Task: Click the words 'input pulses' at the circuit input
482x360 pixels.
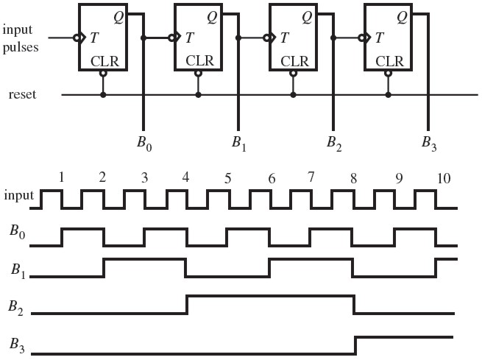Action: pos(21,39)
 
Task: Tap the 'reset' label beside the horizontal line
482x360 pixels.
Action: pos(22,94)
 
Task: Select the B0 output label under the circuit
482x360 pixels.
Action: pos(144,144)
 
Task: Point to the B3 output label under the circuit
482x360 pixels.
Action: pos(429,144)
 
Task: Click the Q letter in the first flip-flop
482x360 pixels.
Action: pos(118,17)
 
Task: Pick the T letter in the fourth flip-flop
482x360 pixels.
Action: pos(379,38)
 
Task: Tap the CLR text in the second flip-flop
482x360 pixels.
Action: pos(199,61)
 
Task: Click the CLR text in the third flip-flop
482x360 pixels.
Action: pos(294,61)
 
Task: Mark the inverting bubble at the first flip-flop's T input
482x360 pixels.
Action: pos(77,38)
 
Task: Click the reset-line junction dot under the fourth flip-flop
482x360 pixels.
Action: pos(389,95)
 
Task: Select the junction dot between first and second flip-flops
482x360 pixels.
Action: pos(143,38)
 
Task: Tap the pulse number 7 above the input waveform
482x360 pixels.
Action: pos(311,177)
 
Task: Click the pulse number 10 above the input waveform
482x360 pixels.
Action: pos(444,178)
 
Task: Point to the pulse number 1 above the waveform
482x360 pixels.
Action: pos(62,177)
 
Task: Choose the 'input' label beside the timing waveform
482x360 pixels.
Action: pos(18,196)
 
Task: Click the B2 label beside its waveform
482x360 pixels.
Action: pos(15,308)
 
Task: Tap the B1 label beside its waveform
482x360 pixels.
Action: pos(18,270)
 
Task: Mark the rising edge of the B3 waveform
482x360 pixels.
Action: pos(356,345)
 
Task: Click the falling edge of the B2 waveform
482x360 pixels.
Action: pos(354,305)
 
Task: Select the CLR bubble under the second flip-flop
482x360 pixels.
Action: pos(198,74)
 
